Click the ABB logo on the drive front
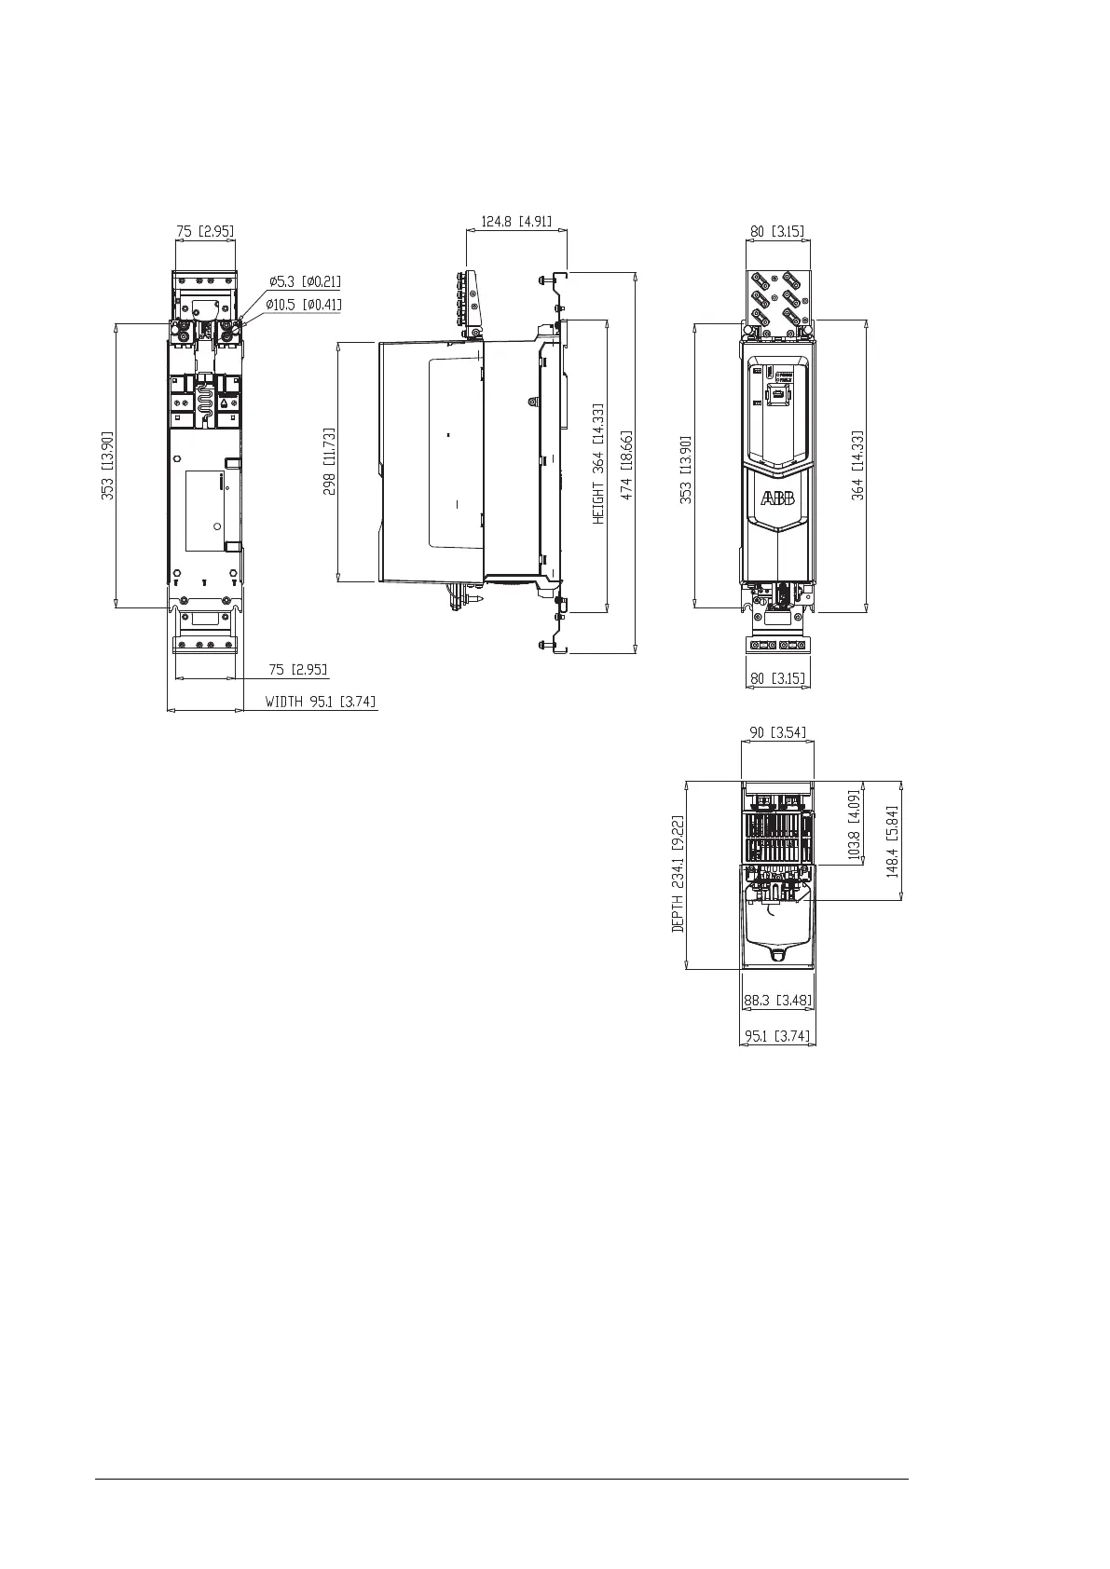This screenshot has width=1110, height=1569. coord(778,498)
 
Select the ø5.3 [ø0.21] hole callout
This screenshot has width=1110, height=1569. coord(306,281)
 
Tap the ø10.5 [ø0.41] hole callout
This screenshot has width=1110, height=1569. coord(304,305)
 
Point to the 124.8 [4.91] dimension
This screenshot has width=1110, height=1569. coord(516,222)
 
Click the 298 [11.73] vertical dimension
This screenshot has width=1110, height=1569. coord(329,461)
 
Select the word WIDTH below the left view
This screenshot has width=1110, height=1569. coord(284,702)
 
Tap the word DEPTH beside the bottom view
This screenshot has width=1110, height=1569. coord(678,913)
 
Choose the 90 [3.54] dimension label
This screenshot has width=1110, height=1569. coord(778,732)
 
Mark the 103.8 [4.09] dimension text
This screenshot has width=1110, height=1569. coord(854,825)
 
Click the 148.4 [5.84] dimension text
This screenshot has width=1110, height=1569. coord(892,840)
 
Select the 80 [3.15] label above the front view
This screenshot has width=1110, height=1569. coord(777,231)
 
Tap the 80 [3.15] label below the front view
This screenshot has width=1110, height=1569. coord(778,678)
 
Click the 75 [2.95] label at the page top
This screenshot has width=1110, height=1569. coord(205,231)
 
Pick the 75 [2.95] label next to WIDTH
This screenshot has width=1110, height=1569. coord(298,670)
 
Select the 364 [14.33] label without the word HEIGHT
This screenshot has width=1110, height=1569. coord(857,465)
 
